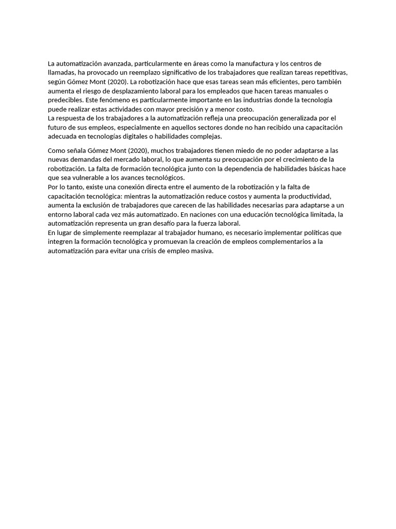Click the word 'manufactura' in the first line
pyautogui.click(x=250, y=64)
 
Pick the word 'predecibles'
pyautogui.click(x=65, y=100)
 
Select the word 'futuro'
pyautogui.click(x=58, y=128)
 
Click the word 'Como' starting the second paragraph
pyautogui.click(x=57, y=150)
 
